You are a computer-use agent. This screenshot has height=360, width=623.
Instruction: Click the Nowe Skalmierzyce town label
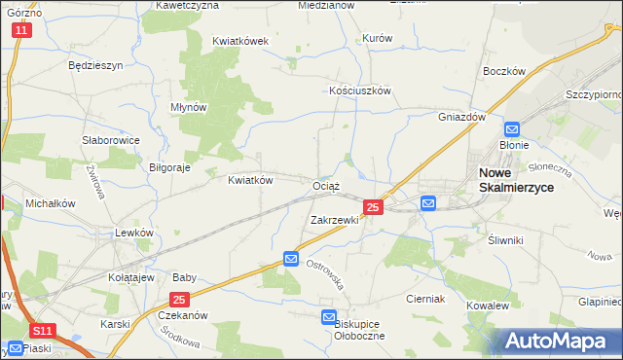515,182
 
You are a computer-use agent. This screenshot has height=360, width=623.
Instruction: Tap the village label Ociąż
326,185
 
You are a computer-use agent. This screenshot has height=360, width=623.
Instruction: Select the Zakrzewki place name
335,220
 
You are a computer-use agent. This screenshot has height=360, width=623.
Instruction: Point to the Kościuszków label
359,90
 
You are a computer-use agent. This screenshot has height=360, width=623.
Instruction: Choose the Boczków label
504,72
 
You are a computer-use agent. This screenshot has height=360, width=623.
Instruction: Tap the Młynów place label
189,108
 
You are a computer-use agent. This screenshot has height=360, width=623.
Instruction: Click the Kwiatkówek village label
239,42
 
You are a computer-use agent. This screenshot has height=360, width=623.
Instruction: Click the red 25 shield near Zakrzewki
372,207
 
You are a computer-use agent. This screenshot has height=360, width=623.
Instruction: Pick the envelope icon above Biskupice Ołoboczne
329,317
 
